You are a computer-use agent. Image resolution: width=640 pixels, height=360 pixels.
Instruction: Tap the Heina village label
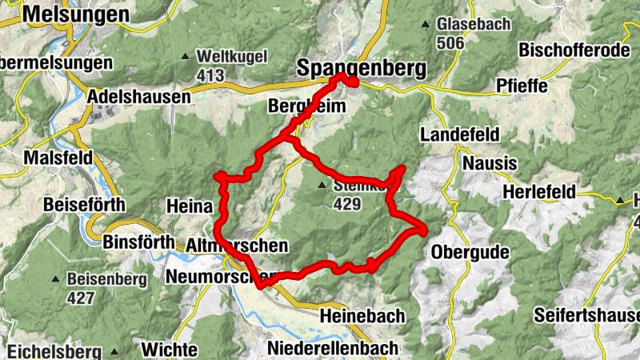point(189,206)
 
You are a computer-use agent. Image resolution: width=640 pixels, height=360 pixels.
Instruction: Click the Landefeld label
point(460,133)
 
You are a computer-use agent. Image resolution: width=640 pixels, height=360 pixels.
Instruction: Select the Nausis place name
point(487,163)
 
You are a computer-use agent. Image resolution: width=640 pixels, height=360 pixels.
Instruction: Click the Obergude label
point(470,253)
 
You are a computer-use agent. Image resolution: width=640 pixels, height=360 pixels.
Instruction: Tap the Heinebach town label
point(362,316)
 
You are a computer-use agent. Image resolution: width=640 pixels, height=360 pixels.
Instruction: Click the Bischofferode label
point(574,50)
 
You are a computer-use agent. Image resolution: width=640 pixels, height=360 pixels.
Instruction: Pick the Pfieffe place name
point(524,86)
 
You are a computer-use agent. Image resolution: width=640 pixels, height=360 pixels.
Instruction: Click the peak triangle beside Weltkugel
point(186,57)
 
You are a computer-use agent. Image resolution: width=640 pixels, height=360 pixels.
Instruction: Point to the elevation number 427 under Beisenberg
point(81,298)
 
